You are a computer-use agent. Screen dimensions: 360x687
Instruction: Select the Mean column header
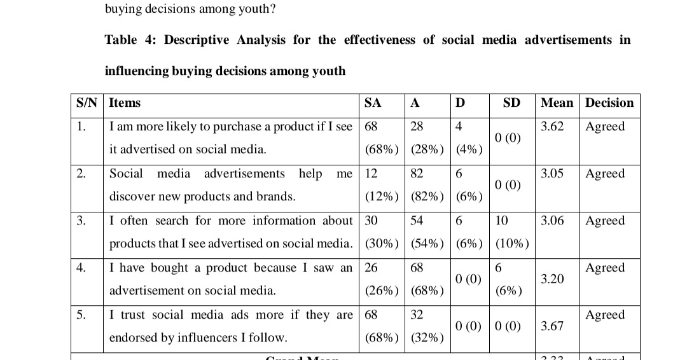(x=557, y=103)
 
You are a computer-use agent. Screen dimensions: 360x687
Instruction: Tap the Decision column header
(x=609, y=103)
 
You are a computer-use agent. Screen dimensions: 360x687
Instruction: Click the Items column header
(x=125, y=103)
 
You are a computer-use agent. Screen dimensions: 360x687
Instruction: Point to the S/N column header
(x=86, y=103)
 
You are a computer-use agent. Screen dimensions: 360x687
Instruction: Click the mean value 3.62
(x=552, y=127)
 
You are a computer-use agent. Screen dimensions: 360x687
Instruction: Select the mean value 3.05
(x=552, y=174)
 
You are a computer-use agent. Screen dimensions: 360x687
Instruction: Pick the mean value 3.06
(x=552, y=221)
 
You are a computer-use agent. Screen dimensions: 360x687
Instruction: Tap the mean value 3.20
(x=552, y=279)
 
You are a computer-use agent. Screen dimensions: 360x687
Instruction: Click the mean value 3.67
(x=552, y=326)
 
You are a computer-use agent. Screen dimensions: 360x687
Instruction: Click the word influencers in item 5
(x=206, y=338)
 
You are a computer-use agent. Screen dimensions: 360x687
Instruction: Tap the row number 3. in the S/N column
(x=81, y=221)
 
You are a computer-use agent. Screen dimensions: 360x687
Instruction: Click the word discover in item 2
(x=132, y=197)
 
